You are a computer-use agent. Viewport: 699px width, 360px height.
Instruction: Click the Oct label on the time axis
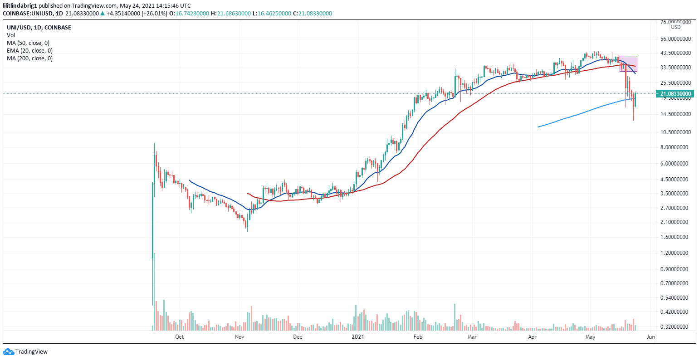[179, 337]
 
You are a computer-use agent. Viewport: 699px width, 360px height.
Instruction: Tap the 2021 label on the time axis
[358, 337]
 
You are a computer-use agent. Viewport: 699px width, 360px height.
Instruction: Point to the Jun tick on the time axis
[650, 337]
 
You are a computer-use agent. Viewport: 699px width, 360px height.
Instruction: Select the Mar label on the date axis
[472, 337]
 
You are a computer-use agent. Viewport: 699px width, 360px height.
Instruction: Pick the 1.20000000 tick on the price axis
[675, 253]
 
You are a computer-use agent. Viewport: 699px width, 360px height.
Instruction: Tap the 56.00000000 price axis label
[675, 39]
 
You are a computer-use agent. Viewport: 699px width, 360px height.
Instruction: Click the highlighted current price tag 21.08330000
[675, 94]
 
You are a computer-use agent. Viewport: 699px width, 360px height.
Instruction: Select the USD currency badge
[676, 27]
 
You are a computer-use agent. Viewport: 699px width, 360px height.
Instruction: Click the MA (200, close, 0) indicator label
[29, 58]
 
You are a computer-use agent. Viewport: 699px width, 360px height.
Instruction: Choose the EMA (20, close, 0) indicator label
[29, 51]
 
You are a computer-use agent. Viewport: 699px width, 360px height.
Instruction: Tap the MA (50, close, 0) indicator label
[28, 43]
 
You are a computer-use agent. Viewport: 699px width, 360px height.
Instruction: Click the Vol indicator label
[11, 35]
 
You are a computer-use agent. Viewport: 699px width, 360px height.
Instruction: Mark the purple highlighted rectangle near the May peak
[628, 63]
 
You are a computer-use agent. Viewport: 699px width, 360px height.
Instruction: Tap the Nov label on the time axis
[240, 337]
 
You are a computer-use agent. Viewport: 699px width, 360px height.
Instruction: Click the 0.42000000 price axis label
[675, 312]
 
